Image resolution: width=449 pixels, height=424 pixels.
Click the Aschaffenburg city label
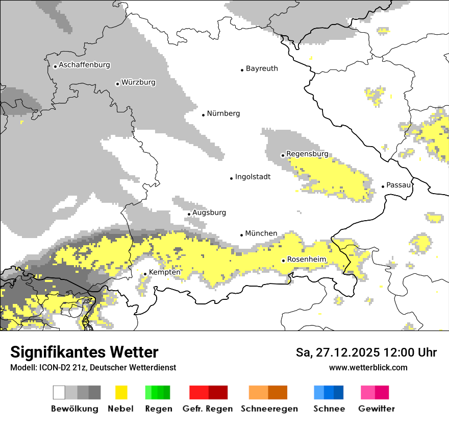[x=84, y=65]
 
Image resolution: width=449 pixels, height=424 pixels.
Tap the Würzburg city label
[x=138, y=82]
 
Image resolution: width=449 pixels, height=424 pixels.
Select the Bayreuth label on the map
[x=262, y=68]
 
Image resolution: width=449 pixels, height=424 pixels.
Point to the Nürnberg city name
[x=223, y=113]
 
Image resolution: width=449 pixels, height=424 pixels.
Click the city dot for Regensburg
[x=283, y=155]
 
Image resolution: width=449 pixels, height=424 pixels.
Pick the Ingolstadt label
[x=253, y=177]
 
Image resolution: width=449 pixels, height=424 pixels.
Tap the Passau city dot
[x=383, y=186]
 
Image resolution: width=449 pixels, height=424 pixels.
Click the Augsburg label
[x=209, y=213]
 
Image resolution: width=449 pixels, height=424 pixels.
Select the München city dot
[x=242, y=235]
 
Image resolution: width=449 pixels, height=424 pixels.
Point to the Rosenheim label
[x=306, y=260]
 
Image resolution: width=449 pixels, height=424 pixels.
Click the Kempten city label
[x=165, y=272]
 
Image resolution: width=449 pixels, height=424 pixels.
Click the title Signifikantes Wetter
[x=84, y=352]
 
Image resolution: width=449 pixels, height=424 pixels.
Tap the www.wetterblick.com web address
[x=368, y=367]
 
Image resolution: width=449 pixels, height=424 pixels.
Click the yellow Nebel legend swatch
[x=121, y=392]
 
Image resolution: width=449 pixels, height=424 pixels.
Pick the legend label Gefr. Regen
[x=208, y=409]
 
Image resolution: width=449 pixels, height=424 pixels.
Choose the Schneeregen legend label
[x=269, y=409]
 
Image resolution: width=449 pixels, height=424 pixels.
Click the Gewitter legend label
[x=377, y=409]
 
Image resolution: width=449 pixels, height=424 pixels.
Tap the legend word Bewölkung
[x=74, y=409]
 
